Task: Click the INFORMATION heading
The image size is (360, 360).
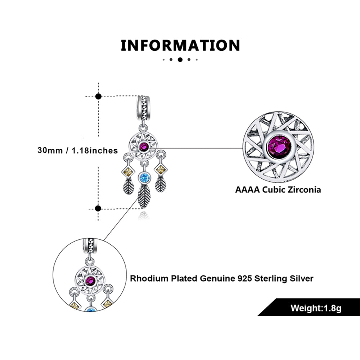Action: click(180, 46)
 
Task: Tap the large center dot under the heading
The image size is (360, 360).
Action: click(180, 60)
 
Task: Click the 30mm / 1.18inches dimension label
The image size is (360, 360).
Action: click(77, 150)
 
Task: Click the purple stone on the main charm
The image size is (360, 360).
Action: click(145, 147)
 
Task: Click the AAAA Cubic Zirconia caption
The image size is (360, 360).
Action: click(278, 189)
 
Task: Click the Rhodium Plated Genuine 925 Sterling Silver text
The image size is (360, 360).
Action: click(222, 278)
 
